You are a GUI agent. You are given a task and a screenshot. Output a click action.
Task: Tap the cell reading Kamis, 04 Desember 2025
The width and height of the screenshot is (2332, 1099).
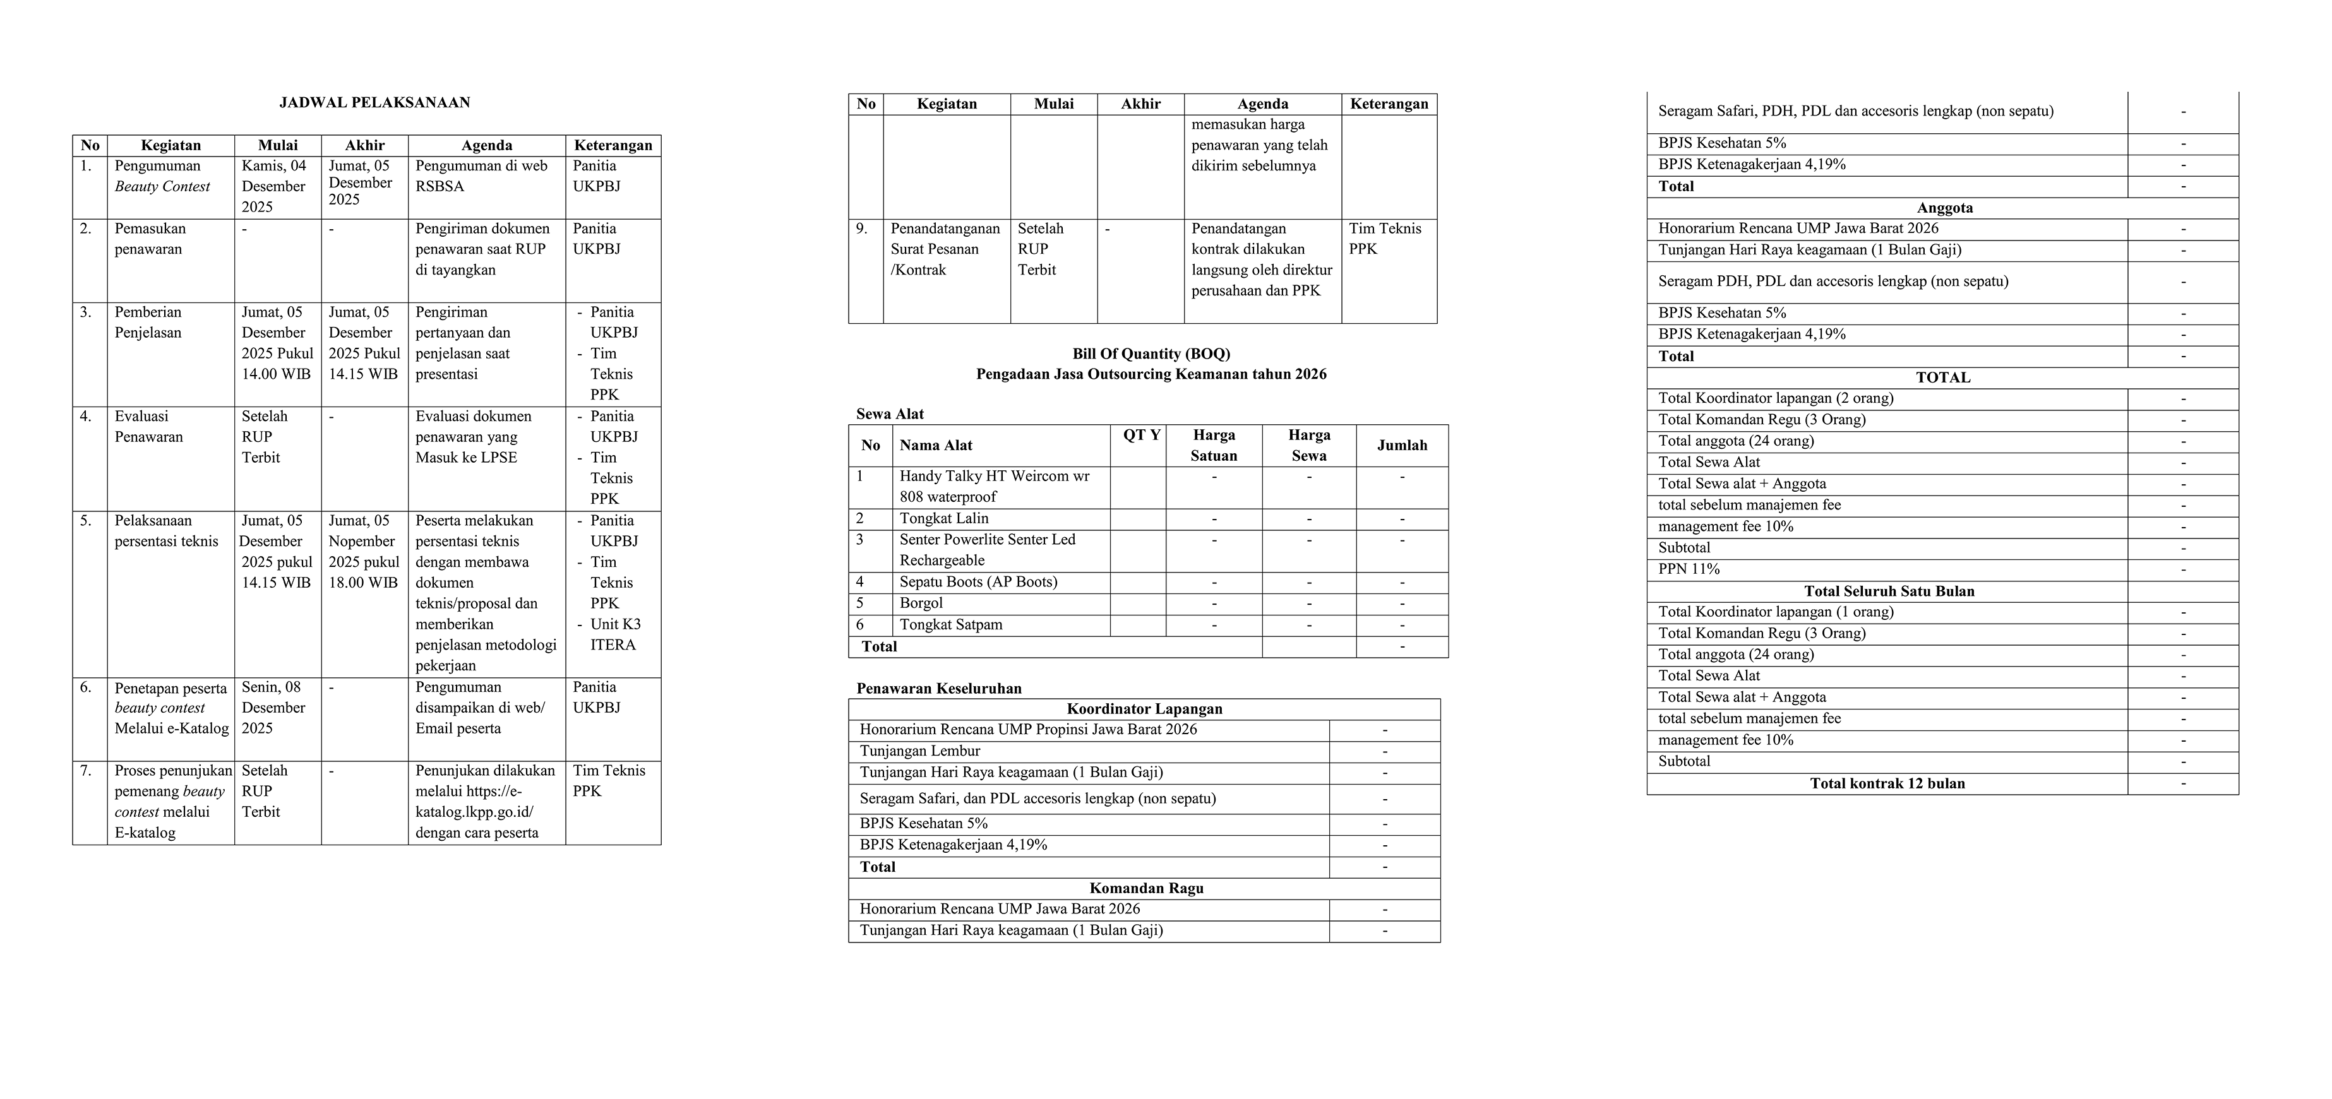(x=274, y=186)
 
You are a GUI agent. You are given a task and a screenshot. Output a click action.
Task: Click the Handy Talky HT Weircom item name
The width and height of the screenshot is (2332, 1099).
(x=994, y=486)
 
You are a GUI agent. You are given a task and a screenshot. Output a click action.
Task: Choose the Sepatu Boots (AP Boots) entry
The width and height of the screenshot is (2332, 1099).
(x=978, y=582)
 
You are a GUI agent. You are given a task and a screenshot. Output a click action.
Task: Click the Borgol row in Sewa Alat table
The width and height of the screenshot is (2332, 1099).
(x=921, y=603)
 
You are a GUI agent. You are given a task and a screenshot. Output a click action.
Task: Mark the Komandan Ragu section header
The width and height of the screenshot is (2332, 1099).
(x=1146, y=888)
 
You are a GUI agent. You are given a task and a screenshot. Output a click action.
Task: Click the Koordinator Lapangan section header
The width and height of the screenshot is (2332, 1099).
(x=1144, y=709)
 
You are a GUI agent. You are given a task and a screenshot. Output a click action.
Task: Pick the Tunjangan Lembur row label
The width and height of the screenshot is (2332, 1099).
(x=920, y=751)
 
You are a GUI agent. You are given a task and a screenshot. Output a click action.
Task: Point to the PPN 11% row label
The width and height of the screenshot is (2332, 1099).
(x=1689, y=569)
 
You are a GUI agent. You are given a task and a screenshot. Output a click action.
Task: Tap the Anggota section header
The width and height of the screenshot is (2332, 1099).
(x=1944, y=207)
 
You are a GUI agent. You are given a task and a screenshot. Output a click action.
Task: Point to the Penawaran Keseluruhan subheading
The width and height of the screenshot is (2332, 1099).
(x=939, y=688)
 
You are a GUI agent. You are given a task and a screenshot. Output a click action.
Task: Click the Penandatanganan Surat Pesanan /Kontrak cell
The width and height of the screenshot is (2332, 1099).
(x=945, y=249)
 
